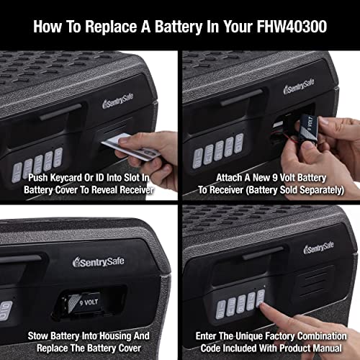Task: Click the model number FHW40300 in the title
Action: pyautogui.click(x=292, y=26)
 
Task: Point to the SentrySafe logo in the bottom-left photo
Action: pyautogui.click(x=99, y=262)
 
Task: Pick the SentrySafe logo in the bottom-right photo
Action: pyautogui.click(x=318, y=248)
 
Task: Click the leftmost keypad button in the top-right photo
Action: pyautogui.click(x=198, y=158)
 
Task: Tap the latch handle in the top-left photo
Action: pyautogui.click(x=62, y=112)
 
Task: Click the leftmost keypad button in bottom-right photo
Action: pyautogui.click(x=220, y=310)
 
